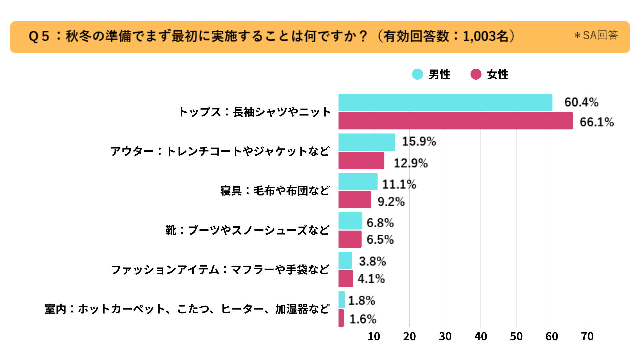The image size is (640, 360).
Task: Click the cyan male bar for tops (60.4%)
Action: coord(445,103)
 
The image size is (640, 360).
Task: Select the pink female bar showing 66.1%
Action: coord(456,121)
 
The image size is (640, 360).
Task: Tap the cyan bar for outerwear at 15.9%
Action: coord(367,142)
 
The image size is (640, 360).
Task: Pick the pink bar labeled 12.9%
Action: coord(361,160)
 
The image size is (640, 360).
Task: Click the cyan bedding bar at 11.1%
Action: coord(358,182)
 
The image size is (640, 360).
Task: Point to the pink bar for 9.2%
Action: coord(355,200)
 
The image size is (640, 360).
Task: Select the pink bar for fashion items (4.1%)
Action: coord(346,279)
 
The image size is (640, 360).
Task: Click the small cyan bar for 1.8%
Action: coord(342,300)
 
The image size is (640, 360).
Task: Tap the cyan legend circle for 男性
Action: coord(417,74)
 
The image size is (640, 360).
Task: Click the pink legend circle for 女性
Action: coord(476,74)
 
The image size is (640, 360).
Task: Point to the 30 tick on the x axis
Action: coord(445,336)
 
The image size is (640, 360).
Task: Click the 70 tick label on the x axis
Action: coord(587,336)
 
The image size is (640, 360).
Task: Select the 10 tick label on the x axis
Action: coord(374,336)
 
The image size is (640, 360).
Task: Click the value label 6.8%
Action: coord(380,223)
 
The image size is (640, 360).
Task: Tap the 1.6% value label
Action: coord(363,319)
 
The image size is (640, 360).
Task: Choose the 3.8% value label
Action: coord(372,261)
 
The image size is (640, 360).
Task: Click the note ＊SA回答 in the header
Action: coord(596,35)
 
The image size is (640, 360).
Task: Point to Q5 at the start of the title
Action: coord(39,36)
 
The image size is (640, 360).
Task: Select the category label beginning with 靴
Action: coord(247,230)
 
